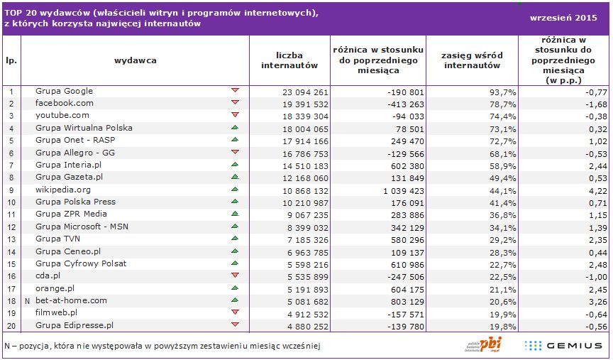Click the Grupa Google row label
[65, 92]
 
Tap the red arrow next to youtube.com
[235, 114]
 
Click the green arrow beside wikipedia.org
[235, 190]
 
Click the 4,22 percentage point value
[597, 191]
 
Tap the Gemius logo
[564, 345]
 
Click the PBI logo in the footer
[480, 344]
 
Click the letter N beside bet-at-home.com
[27, 301]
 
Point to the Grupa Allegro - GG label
[75, 153]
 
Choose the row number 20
[11, 325]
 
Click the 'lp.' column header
[11, 60]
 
